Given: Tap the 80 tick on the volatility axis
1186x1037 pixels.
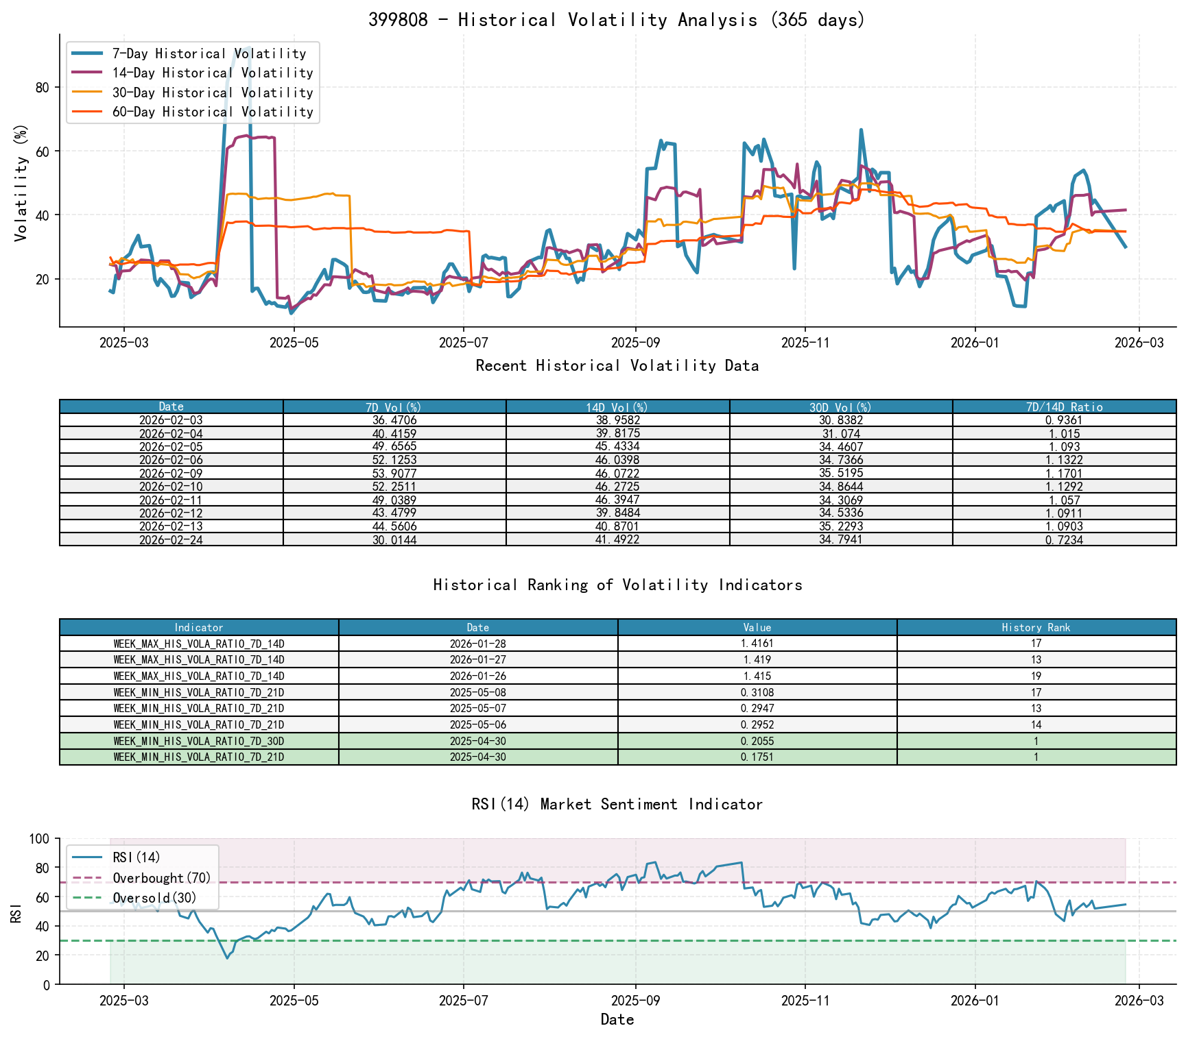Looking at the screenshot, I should tap(43, 87).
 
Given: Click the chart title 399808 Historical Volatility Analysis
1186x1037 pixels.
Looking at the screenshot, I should tap(617, 20).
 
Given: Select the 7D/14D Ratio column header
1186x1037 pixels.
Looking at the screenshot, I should tap(1064, 407).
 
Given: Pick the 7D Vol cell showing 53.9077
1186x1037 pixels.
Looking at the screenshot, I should tap(394, 474).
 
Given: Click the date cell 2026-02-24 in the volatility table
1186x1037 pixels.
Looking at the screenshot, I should tap(171, 540).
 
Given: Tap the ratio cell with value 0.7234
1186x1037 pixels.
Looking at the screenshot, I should tap(1064, 540).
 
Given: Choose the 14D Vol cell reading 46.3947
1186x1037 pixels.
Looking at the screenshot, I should tap(617, 500).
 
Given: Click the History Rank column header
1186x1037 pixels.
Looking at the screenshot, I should tap(1036, 628).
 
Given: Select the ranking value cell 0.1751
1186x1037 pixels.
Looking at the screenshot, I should tap(757, 757).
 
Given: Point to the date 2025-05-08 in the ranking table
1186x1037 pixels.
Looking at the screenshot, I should tap(478, 693).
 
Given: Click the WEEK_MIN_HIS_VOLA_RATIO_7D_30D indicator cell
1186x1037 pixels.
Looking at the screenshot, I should tap(199, 742).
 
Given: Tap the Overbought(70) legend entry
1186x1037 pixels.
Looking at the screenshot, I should tap(162, 879).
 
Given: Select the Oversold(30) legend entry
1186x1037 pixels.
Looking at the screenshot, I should tap(154, 899).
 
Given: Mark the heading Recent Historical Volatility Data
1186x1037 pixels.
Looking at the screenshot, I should tap(617, 366).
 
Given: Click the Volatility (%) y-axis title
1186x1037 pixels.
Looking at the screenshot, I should tap(21, 182).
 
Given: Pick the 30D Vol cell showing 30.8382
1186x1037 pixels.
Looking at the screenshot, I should tap(841, 420).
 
